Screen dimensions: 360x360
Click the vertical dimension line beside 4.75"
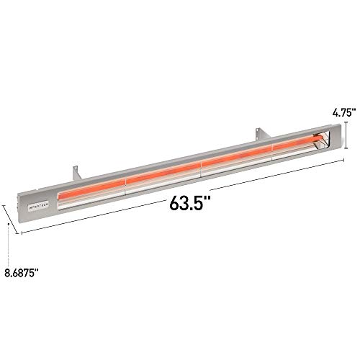348,135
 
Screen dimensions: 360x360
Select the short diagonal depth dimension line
12,218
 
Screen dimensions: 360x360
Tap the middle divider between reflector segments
199,166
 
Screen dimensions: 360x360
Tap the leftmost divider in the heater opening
125,184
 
